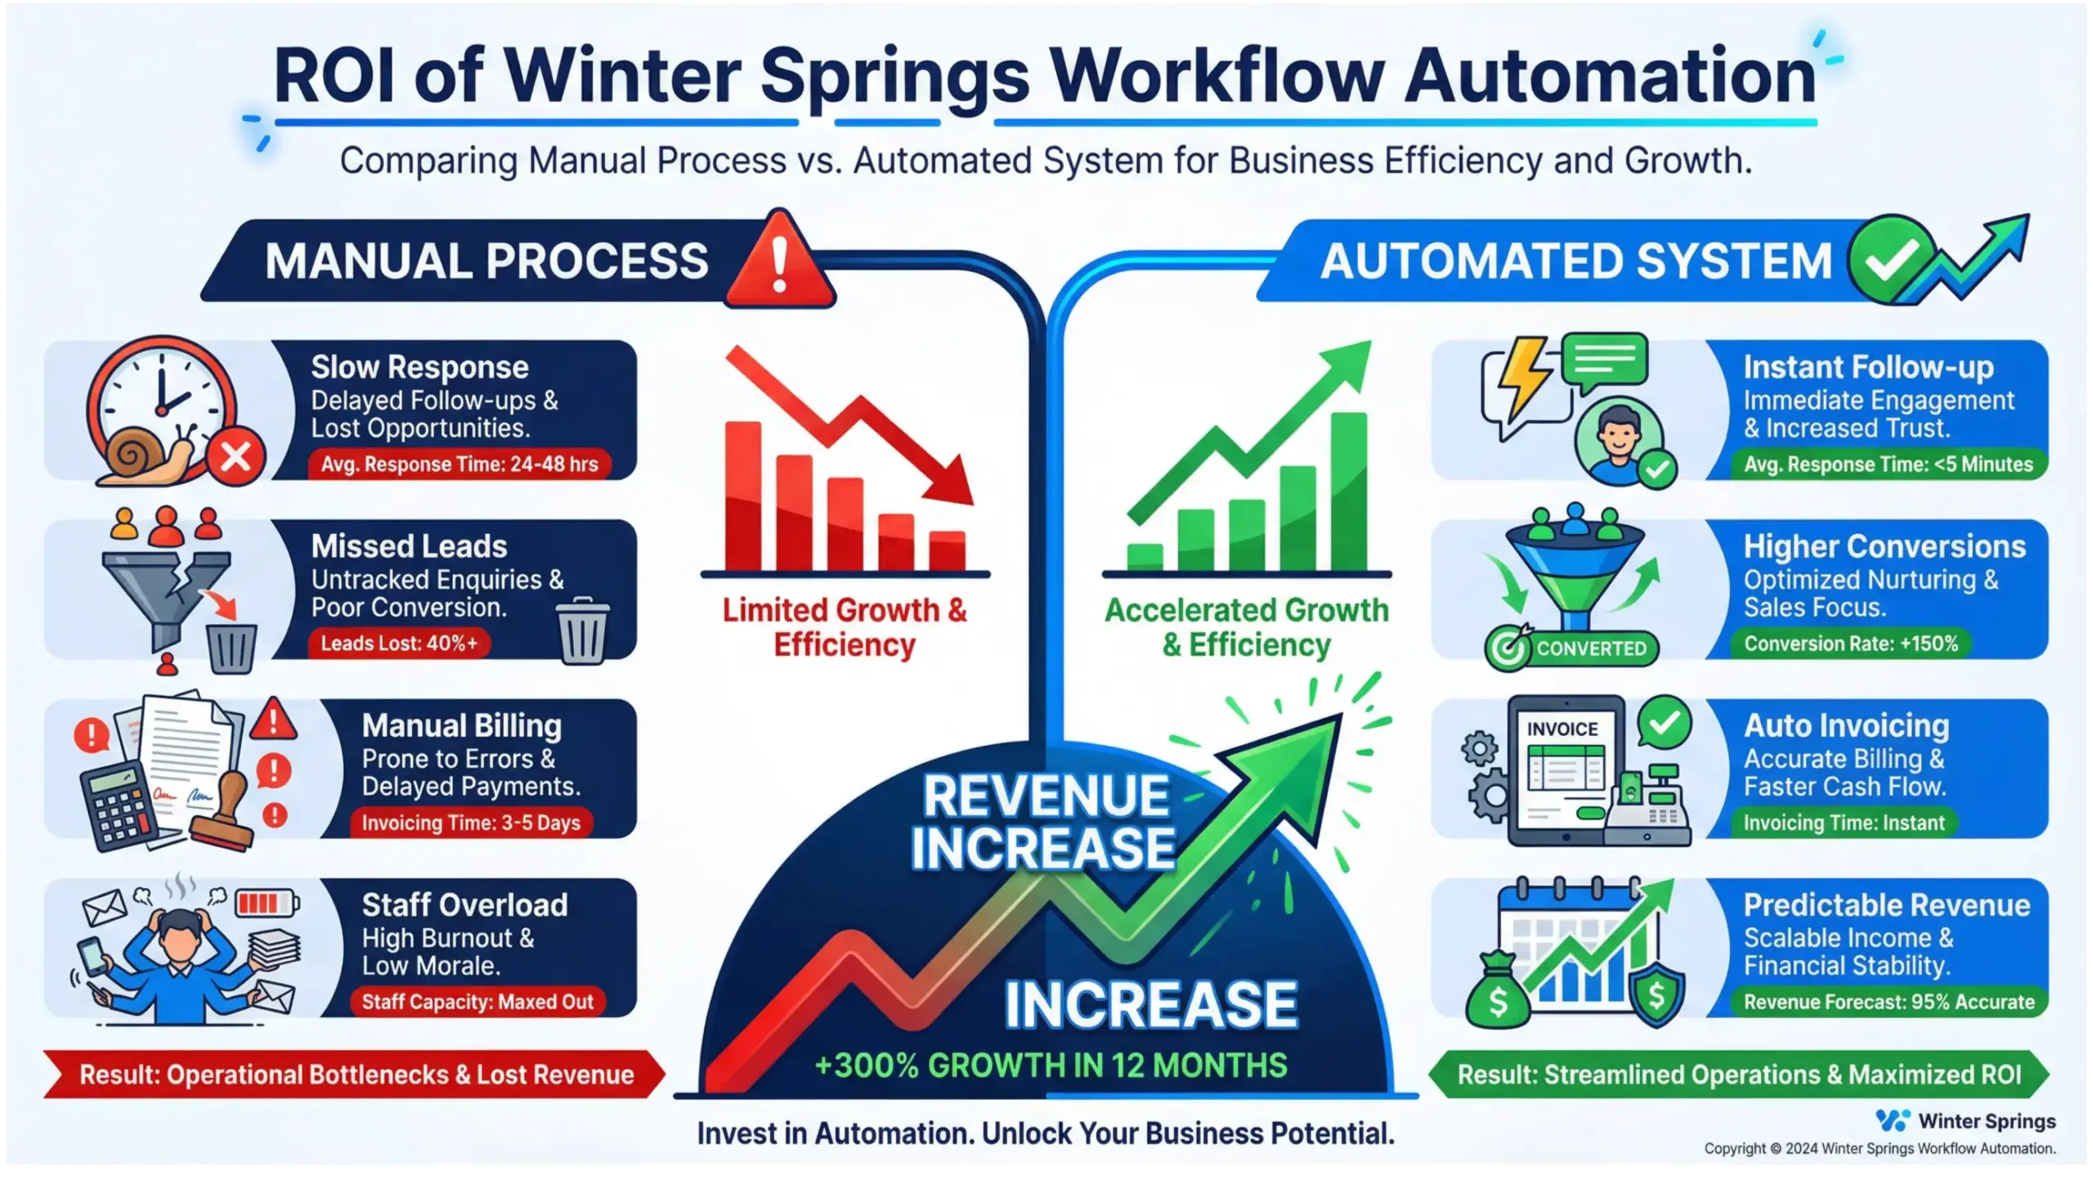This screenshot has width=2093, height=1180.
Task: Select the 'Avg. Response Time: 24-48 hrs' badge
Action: (x=459, y=464)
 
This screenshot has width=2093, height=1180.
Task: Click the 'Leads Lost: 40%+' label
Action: (x=399, y=644)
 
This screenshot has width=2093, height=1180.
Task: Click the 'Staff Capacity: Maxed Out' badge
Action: (x=477, y=1002)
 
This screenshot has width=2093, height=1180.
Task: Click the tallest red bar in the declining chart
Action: (x=742, y=496)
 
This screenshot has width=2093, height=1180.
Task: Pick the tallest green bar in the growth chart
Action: (x=1348, y=491)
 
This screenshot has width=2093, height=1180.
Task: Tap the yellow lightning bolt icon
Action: (x=1522, y=380)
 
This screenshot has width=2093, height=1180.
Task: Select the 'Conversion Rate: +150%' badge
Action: (x=1851, y=644)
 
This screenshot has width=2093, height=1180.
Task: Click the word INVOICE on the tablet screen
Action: (x=1562, y=729)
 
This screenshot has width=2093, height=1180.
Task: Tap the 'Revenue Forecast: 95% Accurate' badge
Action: (x=1889, y=1002)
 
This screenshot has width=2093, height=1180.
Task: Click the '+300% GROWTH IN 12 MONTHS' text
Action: (x=1051, y=1066)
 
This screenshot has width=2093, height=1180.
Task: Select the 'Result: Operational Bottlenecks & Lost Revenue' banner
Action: (x=356, y=1075)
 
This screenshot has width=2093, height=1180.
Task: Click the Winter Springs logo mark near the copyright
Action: (x=1893, y=1120)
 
